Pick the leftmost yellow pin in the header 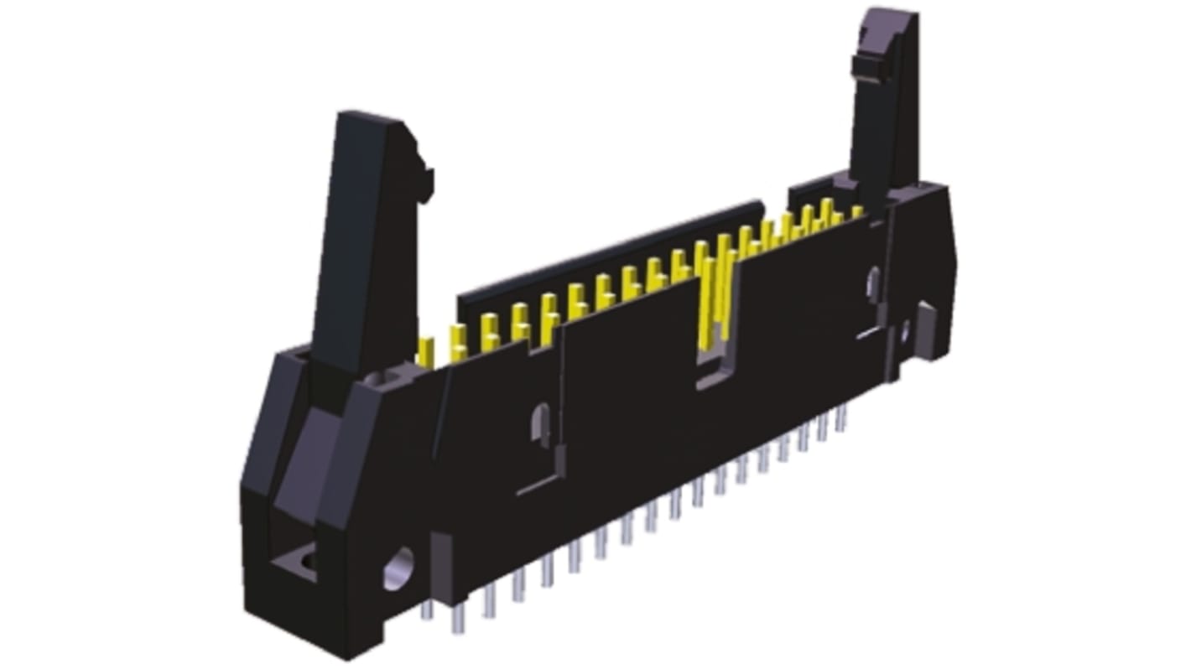[426, 350]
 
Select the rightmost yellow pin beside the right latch [857, 212]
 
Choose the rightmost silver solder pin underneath [840, 419]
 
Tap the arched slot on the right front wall [873, 285]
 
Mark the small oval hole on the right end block [905, 334]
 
